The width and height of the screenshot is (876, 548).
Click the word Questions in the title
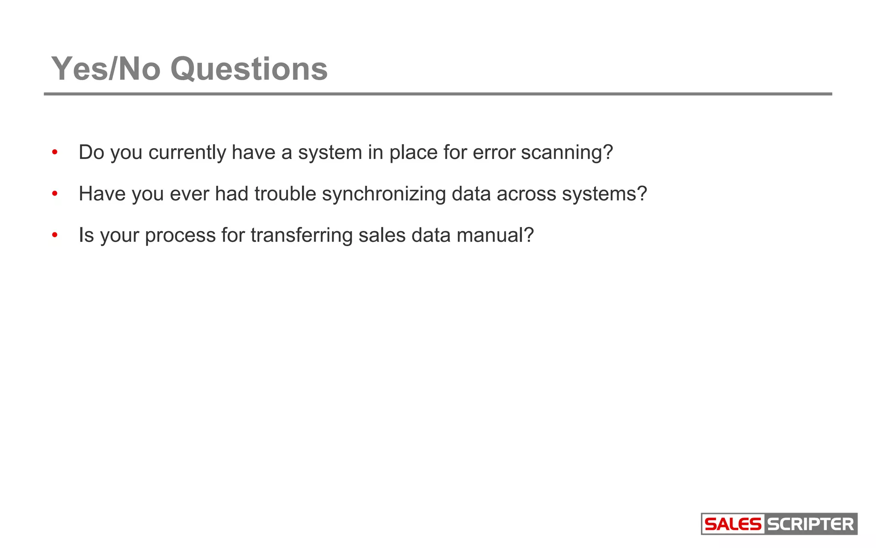click(249, 69)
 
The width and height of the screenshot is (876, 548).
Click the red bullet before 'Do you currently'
click(54, 152)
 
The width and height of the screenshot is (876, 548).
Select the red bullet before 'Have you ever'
click(54, 194)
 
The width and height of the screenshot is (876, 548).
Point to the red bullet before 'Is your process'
click(54, 235)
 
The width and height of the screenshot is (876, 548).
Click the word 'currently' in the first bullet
click(187, 153)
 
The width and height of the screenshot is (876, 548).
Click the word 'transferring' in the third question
click(302, 235)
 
